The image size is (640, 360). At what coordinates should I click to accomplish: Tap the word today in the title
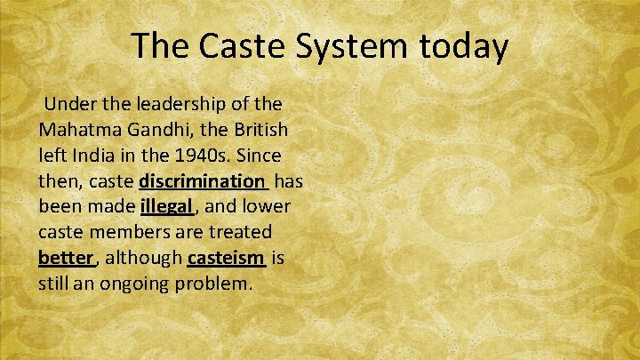463,46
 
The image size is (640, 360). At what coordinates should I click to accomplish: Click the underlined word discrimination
203,182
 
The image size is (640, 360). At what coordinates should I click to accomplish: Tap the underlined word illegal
165,208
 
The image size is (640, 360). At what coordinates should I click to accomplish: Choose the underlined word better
66,259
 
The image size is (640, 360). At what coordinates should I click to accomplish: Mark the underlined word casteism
226,259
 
